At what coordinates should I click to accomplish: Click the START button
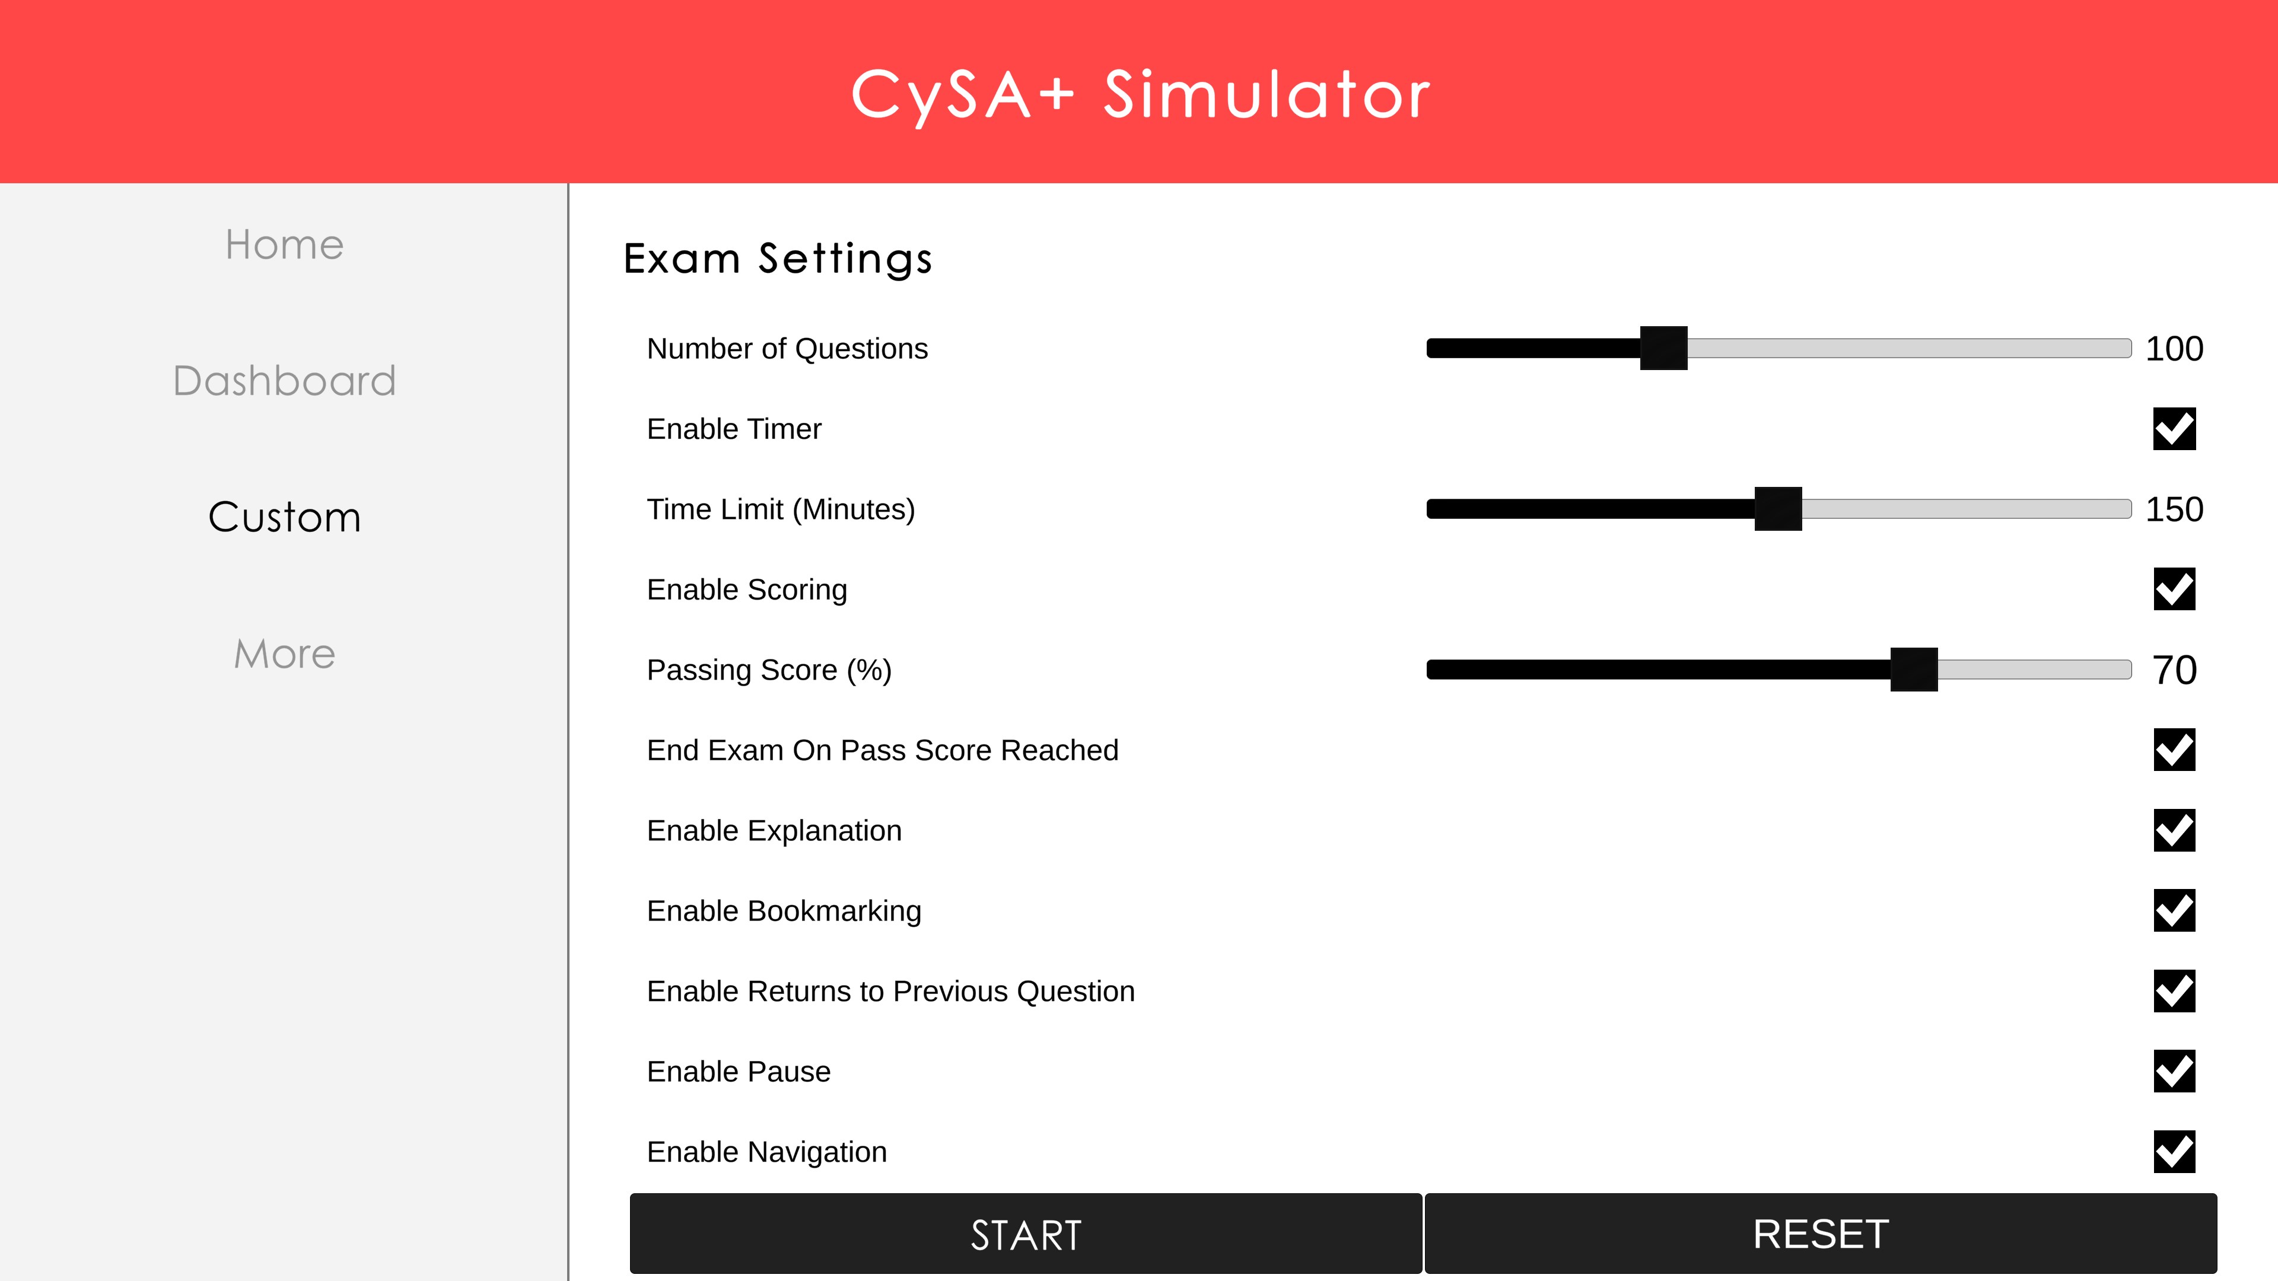[1026, 1234]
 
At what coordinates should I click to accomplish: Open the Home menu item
[284, 245]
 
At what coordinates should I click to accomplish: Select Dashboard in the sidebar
[284, 381]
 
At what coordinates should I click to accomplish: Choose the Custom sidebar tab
[284, 517]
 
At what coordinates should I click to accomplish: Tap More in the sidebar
[284, 654]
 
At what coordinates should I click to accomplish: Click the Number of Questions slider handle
[1663, 348]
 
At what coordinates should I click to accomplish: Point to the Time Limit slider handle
[1777, 509]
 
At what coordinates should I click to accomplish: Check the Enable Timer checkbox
[2174, 429]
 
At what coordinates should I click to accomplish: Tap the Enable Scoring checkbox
[2174, 589]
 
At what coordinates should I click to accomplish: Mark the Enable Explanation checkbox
[2174, 831]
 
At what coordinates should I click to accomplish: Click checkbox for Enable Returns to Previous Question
[2174, 991]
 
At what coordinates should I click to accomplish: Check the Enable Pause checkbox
[2174, 1072]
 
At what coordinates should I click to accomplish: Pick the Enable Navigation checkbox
[2174, 1152]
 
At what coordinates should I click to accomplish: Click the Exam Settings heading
[777, 259]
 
